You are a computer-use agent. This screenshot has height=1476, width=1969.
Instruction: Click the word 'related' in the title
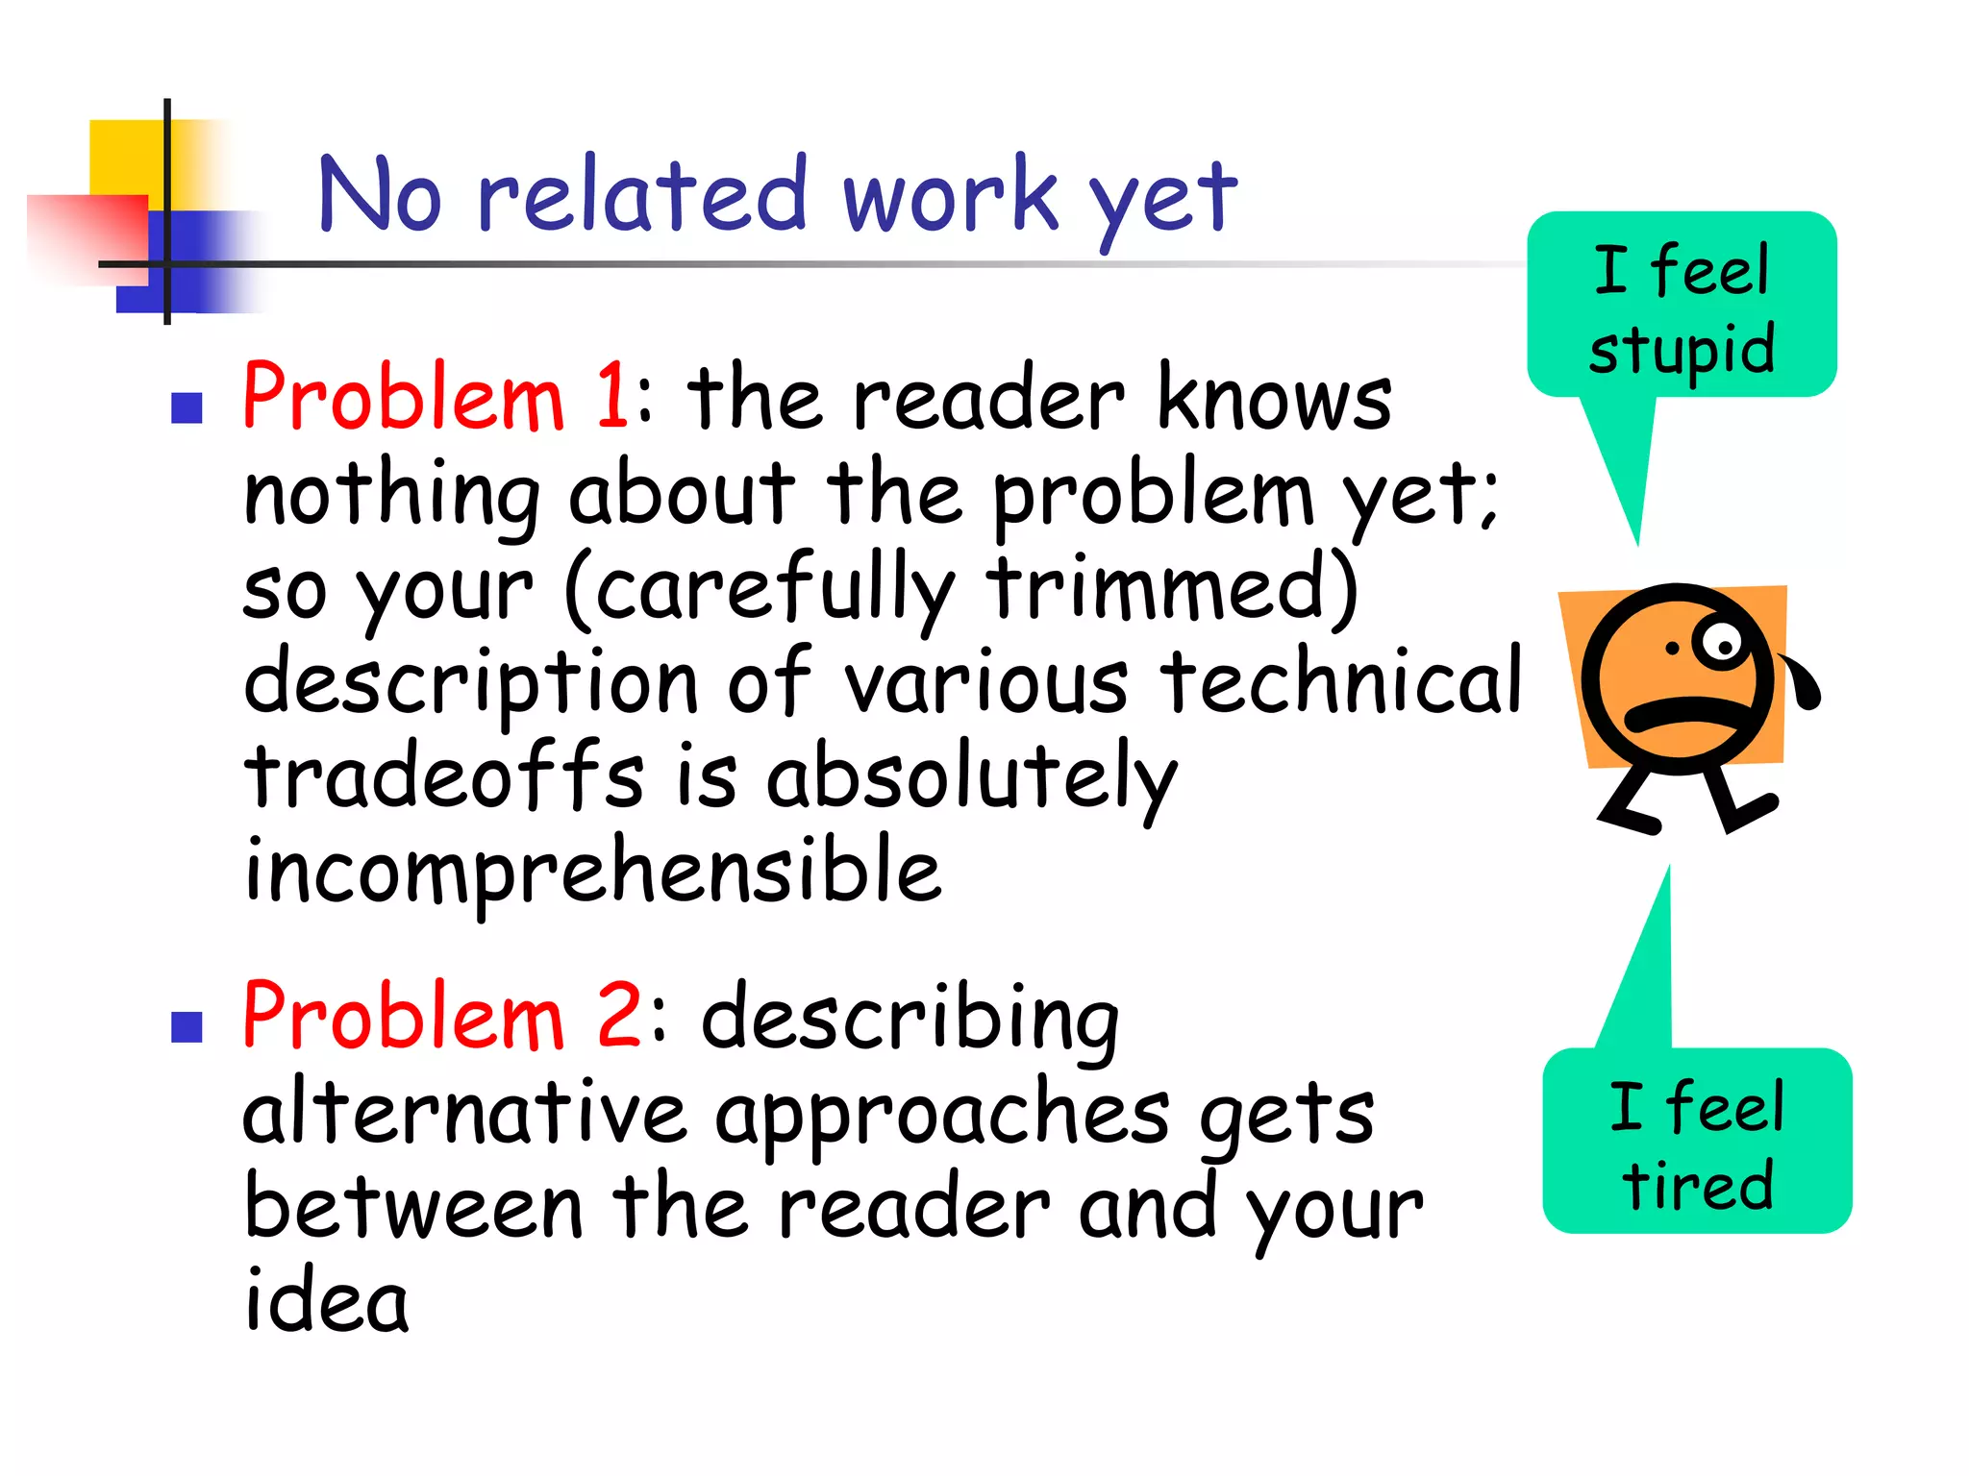point(641,195)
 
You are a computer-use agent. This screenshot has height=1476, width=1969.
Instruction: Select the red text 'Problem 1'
point(435,397)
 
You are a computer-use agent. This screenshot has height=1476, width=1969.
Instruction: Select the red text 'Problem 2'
point(440,1017)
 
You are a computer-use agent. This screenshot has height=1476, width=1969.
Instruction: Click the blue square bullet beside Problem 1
point(187,408)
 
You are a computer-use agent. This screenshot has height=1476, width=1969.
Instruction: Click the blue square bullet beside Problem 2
point(187,1027)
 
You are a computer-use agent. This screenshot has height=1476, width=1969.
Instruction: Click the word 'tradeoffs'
point(443,776)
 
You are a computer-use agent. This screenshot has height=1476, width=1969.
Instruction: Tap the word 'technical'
point(1340,680)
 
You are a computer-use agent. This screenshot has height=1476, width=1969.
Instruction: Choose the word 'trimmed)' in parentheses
point(1172,586)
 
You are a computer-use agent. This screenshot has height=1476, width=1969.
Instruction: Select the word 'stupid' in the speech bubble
point(1682,350)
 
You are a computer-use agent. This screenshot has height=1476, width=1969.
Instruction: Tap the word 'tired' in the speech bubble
point(1698,1185)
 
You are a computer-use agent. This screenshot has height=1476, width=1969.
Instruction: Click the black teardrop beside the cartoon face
point(1804,683)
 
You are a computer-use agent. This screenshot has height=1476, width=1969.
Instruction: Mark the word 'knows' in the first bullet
point(1274,397)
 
